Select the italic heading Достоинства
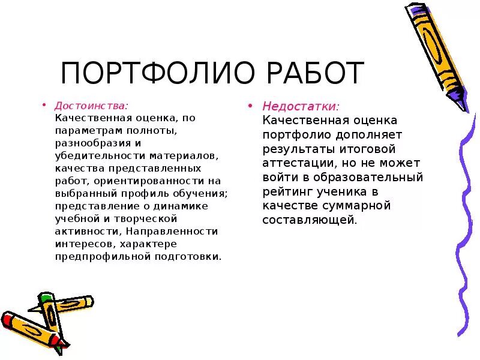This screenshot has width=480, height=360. [x=91, y=104]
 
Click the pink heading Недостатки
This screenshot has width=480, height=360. [x=300, y=106]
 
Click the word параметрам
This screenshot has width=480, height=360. [x=83, y=130]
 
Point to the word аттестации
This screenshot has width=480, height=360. [x=293, y=163]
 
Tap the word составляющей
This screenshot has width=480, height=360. [x=308, y=220]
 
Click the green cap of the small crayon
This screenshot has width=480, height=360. [x=46, y=298]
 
